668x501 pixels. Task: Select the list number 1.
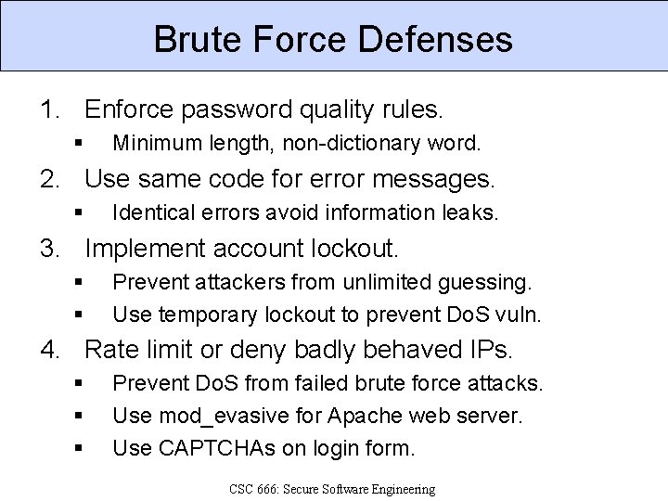pos(48,110)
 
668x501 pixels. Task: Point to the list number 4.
pos(48,350)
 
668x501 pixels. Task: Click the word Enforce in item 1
pos(129,110)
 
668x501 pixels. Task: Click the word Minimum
pos(151,144)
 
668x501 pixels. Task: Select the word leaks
pos(473,213)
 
